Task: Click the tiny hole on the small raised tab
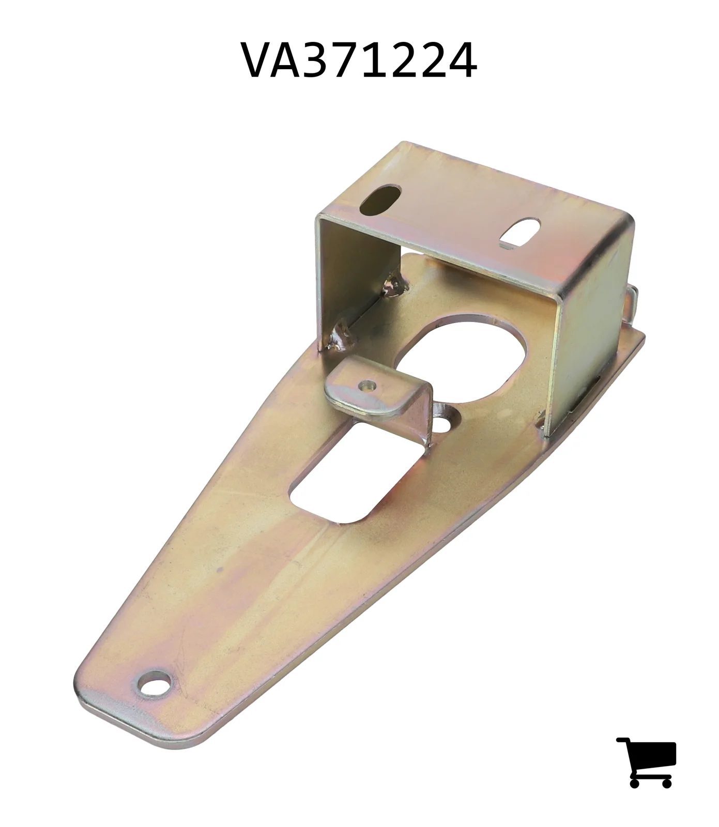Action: point(368,385)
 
